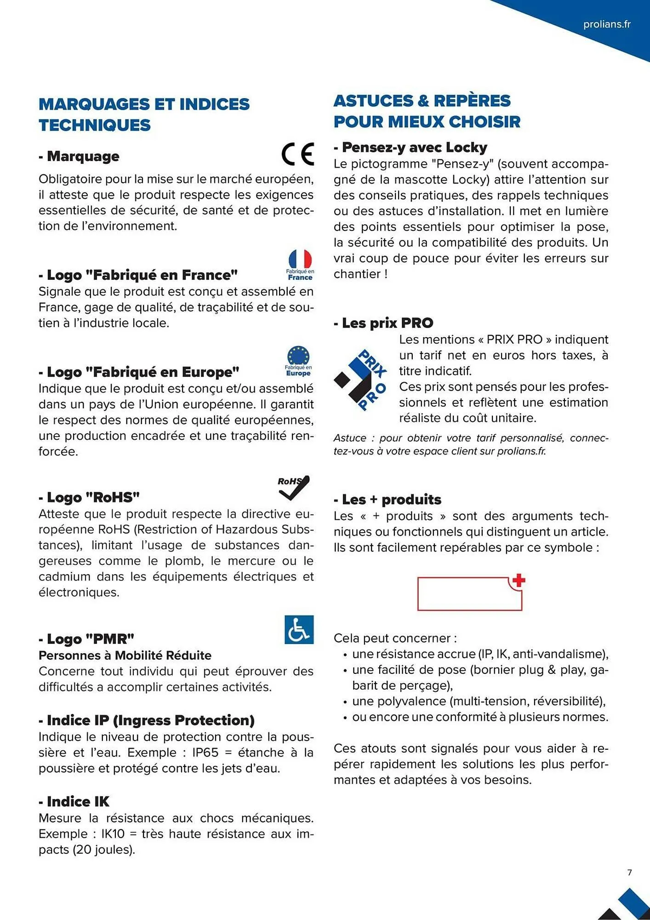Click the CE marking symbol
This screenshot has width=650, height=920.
tap(298, 154)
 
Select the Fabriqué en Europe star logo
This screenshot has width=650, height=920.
tap(298, 361)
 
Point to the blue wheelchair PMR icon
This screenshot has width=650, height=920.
tap(299, 629)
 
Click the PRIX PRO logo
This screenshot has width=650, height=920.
tap(361, 380)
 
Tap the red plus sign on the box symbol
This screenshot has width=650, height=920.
tap(519, 581)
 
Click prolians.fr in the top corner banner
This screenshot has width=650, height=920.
tap(607, 24)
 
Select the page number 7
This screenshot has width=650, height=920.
tap(629, 873)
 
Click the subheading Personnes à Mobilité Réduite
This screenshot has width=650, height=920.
tap(125, 655)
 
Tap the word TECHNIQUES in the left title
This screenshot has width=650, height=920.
tap(95, 125)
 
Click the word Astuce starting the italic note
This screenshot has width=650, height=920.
tap(350, 438)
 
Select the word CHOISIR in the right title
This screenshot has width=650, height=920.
tap(485, 122)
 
